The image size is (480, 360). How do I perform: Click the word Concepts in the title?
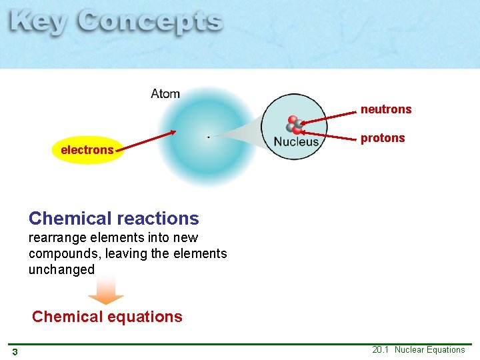tap(149, 23)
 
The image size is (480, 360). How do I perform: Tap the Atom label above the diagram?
tap(165, 93)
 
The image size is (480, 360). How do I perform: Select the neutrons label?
tap(386, 109)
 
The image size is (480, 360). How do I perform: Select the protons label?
tap(383, 138)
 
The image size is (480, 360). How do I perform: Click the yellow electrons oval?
tap(87, 150)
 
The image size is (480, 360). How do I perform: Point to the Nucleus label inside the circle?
tap(296, 142)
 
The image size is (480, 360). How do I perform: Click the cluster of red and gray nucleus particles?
tap(294, 125)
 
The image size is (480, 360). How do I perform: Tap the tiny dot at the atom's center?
tap(209, 137)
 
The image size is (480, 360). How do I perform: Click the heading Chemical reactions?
tap(113, 219)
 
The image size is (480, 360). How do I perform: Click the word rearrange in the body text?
tap(54, 238)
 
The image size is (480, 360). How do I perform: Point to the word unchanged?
tap(61, 270)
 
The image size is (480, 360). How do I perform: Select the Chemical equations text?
tap(107, 317)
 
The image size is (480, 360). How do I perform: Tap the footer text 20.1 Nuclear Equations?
tap(418, 350)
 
